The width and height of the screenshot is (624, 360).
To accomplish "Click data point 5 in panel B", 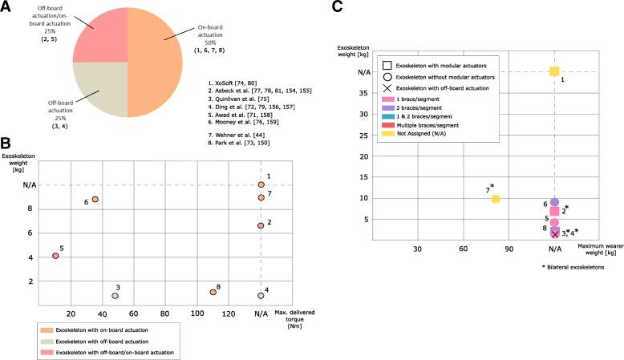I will pyautogui.click(x=55, y=256).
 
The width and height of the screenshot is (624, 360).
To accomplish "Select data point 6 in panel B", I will pyautogui.click(x=95, y=199).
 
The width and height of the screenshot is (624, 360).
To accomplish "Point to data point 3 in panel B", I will pyautogui.click(x=115, y=296).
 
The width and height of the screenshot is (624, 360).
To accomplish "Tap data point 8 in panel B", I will pyautogui.click(x=213, y=292).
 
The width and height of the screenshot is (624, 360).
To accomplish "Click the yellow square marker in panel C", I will pyautogui.click(x=554, y=71).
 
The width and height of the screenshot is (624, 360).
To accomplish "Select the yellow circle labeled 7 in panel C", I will pyautogui.click(x=496, y=199).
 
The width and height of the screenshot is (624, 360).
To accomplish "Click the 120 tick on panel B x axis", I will pyautogui.click(x=229, y=313).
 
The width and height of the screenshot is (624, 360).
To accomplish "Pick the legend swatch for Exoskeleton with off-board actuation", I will pyautogui.click(x=47, y=340).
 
